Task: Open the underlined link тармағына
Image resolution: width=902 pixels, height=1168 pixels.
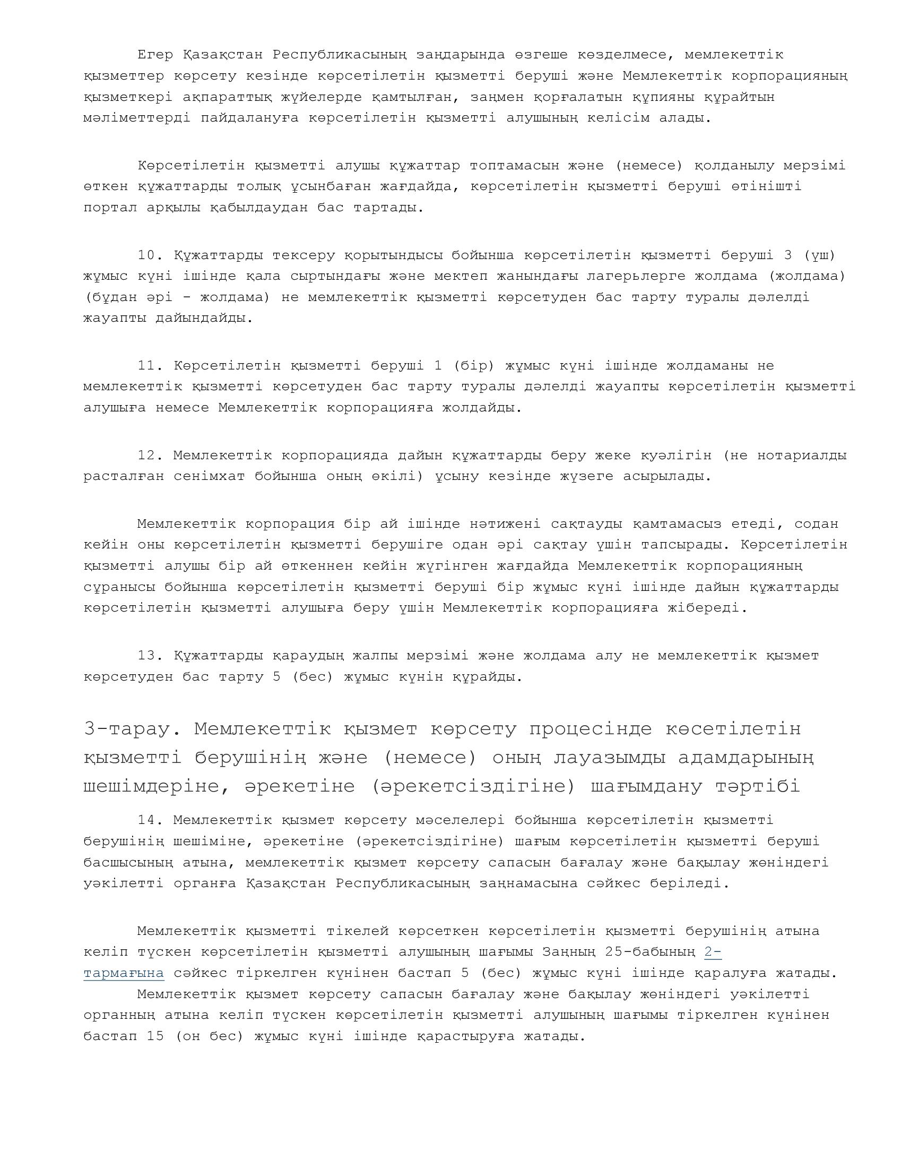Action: [x=124, y=973]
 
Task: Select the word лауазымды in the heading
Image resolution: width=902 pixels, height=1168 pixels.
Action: [x=604, y=758]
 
